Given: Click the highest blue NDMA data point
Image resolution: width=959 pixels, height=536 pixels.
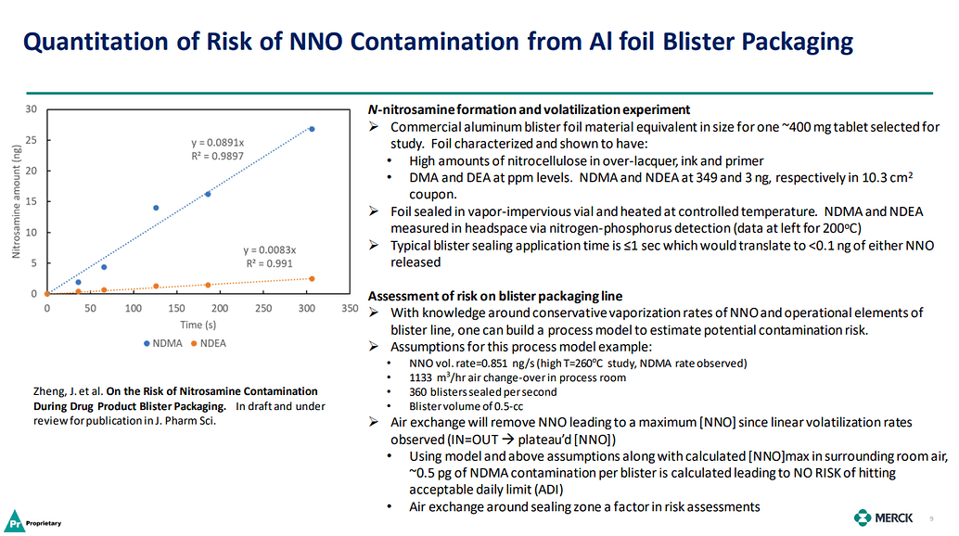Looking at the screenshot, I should (312, 129).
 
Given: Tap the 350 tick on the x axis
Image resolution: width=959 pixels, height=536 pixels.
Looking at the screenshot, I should (350, 308).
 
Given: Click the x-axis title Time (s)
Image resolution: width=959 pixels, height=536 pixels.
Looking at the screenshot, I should (198, 325).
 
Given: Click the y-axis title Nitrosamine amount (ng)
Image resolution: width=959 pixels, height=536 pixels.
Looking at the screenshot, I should (16, 201).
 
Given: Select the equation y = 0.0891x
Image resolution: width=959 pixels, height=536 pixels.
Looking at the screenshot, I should (217, 143).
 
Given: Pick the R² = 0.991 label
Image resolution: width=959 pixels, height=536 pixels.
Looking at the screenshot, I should (269, 263).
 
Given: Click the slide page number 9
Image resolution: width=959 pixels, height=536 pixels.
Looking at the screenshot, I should (932, 517).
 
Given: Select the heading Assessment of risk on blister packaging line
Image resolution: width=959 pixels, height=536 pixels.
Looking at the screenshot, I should (495, 296).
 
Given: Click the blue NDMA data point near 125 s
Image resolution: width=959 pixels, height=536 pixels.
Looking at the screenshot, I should (156, 208).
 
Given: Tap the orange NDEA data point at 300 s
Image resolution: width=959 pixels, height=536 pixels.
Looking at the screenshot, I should (312, 278).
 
